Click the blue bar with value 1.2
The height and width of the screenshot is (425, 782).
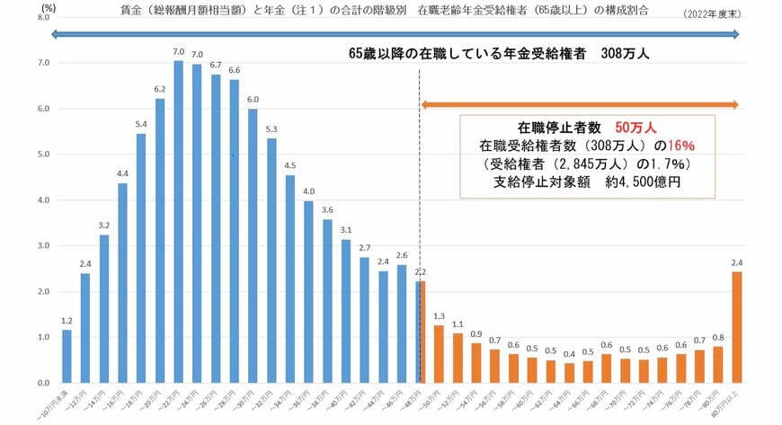(x=67, y=356)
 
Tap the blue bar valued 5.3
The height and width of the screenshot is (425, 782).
(x=271, y=261)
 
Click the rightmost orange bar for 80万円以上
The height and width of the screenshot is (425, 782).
(x=736, y=327)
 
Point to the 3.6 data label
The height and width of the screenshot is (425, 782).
(x=327, y=210)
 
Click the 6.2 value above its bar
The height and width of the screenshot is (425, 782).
(x=160, y=89)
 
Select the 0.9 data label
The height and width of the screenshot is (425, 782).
(x=475, y=333)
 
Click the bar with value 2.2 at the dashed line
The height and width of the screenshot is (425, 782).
(x=420, y=332)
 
